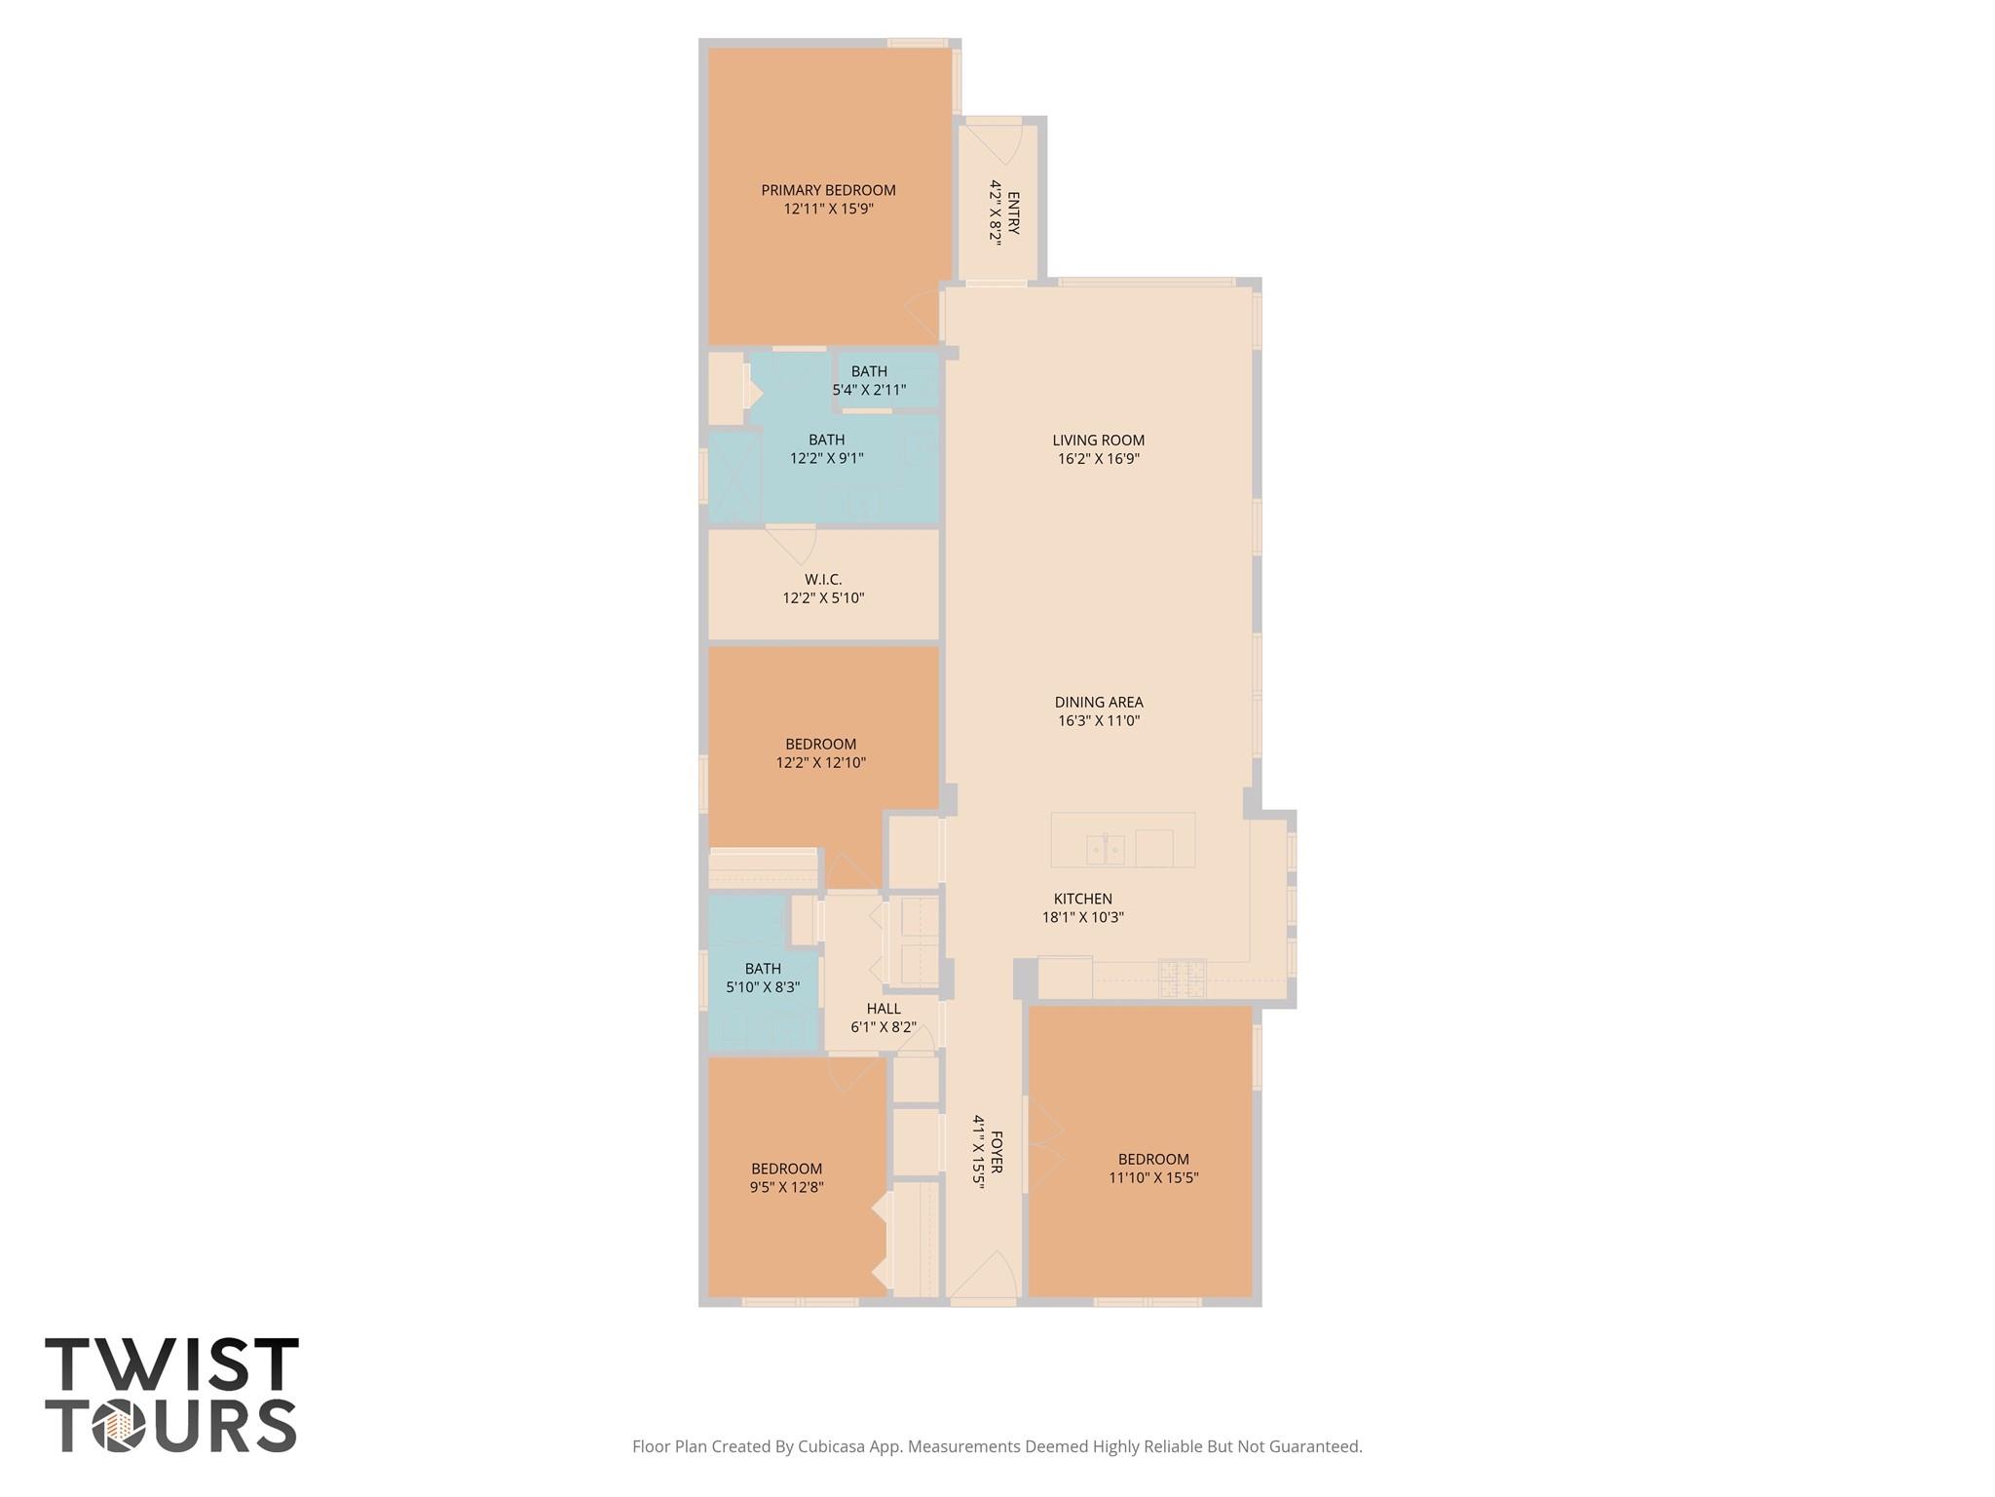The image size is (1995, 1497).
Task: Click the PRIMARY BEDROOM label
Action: [x=828, y=190]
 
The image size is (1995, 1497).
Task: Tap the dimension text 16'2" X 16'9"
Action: [x=1098, y=458]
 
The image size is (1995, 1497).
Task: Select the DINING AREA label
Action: [x=1098, y=702]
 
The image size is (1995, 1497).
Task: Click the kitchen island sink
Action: [x=1106, y=850]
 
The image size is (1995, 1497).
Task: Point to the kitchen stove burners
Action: [x=1182, y=978]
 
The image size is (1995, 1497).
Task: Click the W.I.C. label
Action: [x=823, y=579]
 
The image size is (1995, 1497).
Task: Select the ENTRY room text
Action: [x=1013, y=212]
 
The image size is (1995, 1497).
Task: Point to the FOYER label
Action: [x=997, y=1152]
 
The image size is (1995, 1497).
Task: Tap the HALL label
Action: [x=884, y=1009]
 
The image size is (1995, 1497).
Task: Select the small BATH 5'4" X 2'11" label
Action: [x=869, y=371]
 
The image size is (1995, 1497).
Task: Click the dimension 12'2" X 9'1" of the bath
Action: [x=826, y=458]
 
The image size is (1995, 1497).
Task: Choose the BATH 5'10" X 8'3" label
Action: [x=763, y=969]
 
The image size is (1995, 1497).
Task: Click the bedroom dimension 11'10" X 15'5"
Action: [x=1153, y=1177]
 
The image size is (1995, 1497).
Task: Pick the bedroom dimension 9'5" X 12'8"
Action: [x=786, y=1187]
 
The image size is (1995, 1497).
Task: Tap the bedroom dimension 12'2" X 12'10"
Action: [x=820, y=763]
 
